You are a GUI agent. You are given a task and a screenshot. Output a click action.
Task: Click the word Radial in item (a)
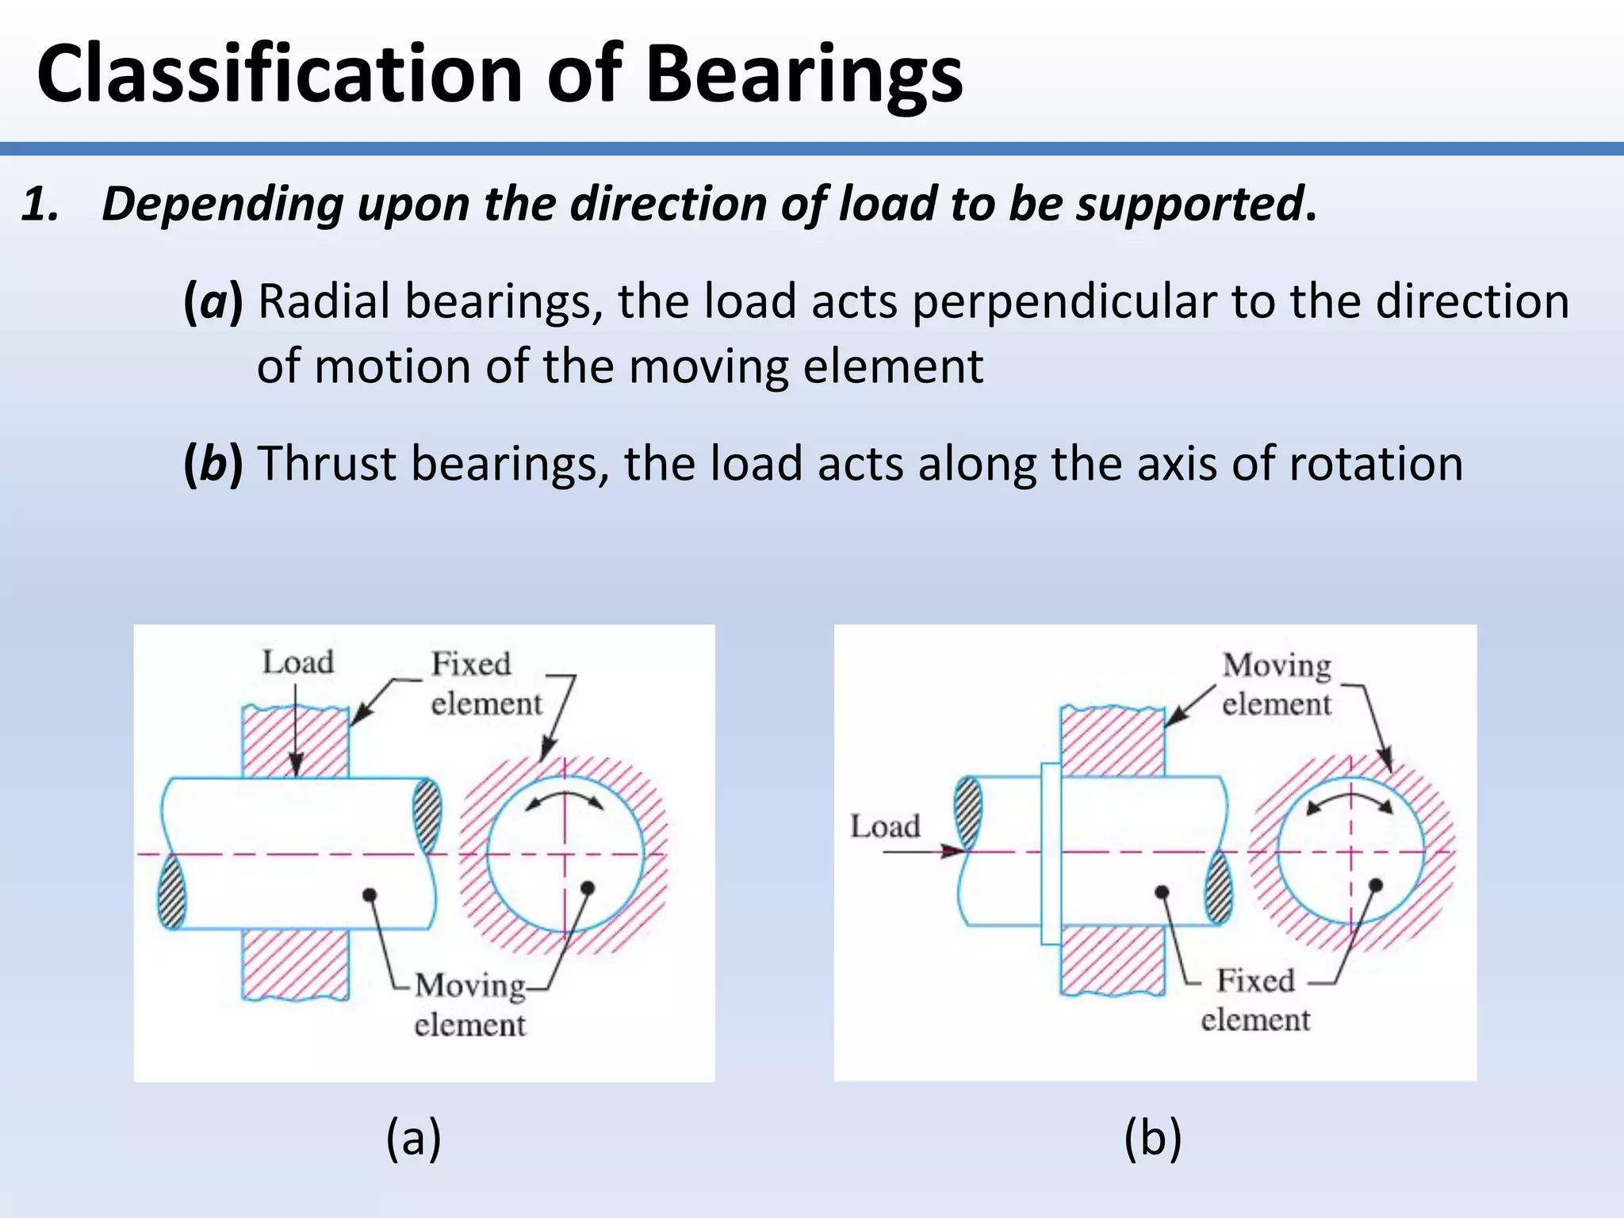click(328, 302)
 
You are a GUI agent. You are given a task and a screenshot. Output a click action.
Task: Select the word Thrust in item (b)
click(327, 464)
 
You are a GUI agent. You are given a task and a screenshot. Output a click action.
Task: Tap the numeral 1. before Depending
click(40, 204)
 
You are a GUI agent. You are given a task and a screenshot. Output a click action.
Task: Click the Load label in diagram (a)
click(297, 662)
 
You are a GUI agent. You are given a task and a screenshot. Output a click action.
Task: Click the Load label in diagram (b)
click(885, 826)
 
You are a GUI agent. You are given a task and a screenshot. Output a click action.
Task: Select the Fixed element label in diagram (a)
click(485, 684)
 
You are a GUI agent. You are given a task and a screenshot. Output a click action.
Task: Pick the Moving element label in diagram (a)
click(469, 1005)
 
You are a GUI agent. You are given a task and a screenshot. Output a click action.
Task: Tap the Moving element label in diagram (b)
click(1276, 684)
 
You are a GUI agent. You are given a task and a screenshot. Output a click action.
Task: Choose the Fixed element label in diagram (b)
click(1255, 1000)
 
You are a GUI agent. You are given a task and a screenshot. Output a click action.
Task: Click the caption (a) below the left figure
click(413, 1138)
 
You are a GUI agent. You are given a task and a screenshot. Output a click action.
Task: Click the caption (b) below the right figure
click(1152, 1138)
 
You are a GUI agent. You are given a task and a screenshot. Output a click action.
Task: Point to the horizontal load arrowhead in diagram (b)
click(954, 852)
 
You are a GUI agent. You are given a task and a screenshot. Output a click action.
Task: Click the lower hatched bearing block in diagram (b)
click(1112, 959)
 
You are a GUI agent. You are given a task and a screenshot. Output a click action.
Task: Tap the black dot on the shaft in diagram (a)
click(370, 895)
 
